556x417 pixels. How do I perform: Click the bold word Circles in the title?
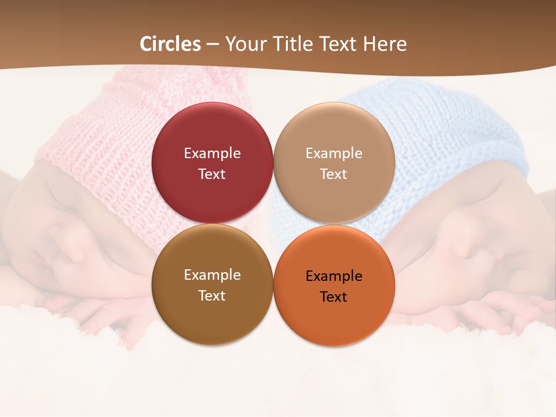(170, 44)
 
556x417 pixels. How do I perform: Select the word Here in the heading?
(385, 44)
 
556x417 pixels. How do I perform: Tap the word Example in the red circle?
(212, 153)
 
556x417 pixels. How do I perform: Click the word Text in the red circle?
(212, 174)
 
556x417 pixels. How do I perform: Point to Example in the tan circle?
(334, 153)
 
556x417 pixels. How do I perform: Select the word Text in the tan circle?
(334, 174)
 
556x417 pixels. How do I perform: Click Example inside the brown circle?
(212, 275)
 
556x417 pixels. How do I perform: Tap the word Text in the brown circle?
(212, 295)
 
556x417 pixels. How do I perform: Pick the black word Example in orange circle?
(334, 276)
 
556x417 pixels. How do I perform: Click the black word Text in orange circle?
(334, 297)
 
